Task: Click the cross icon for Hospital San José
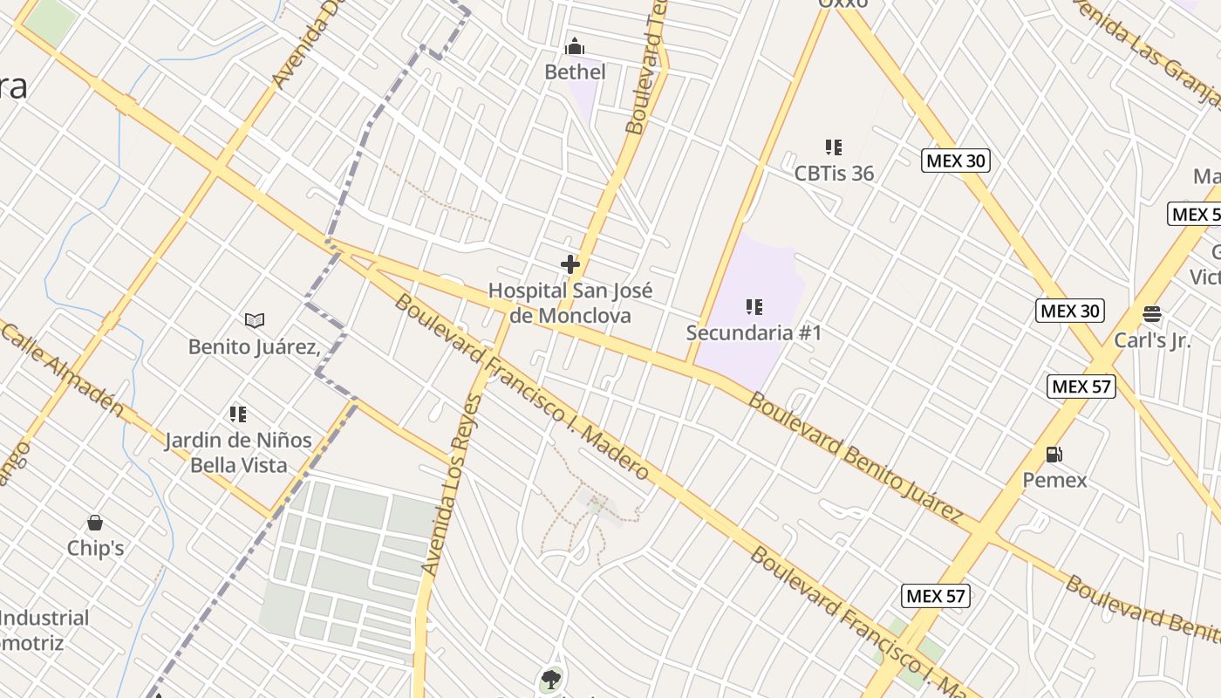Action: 570,264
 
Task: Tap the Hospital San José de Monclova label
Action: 570,303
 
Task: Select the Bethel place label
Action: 575,72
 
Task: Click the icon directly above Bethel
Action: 575,46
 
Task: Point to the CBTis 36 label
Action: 834,173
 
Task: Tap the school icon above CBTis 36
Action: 834,147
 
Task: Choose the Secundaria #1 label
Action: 754,332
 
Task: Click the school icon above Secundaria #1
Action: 754,307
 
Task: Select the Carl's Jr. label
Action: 1152,340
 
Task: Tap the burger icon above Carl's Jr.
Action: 1152,314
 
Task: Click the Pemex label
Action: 1054,480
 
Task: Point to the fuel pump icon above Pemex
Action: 1054,455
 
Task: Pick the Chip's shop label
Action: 95,548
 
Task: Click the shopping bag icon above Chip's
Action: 95,523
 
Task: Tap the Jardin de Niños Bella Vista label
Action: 238,452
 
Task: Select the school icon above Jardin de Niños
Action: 238,414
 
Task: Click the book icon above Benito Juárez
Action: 255,321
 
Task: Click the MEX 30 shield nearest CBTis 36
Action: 956,161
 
